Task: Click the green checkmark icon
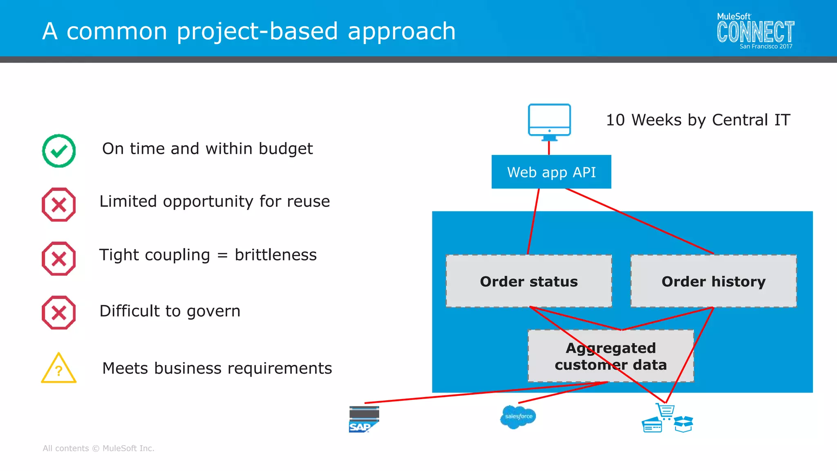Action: coord(59,151)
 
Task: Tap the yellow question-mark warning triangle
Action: coord(59,369)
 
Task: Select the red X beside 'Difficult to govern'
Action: coord(59,313)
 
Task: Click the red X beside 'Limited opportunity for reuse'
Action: coord(59,204)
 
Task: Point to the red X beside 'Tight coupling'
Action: coord(59,259)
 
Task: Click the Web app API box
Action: coord(551,172)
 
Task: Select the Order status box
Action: coord(529,281)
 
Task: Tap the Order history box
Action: coord(714,281)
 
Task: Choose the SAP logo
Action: coord(364,419)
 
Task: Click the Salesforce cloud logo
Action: coord(518,417)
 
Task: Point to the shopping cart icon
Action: coord(665,411)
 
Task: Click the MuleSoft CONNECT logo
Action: coord(755,32)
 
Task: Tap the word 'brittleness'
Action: coord(275,255)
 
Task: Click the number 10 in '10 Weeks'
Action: coord(615,120)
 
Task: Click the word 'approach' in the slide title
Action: coord(401,31)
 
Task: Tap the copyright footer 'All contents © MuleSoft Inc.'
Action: coord(98,449)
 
